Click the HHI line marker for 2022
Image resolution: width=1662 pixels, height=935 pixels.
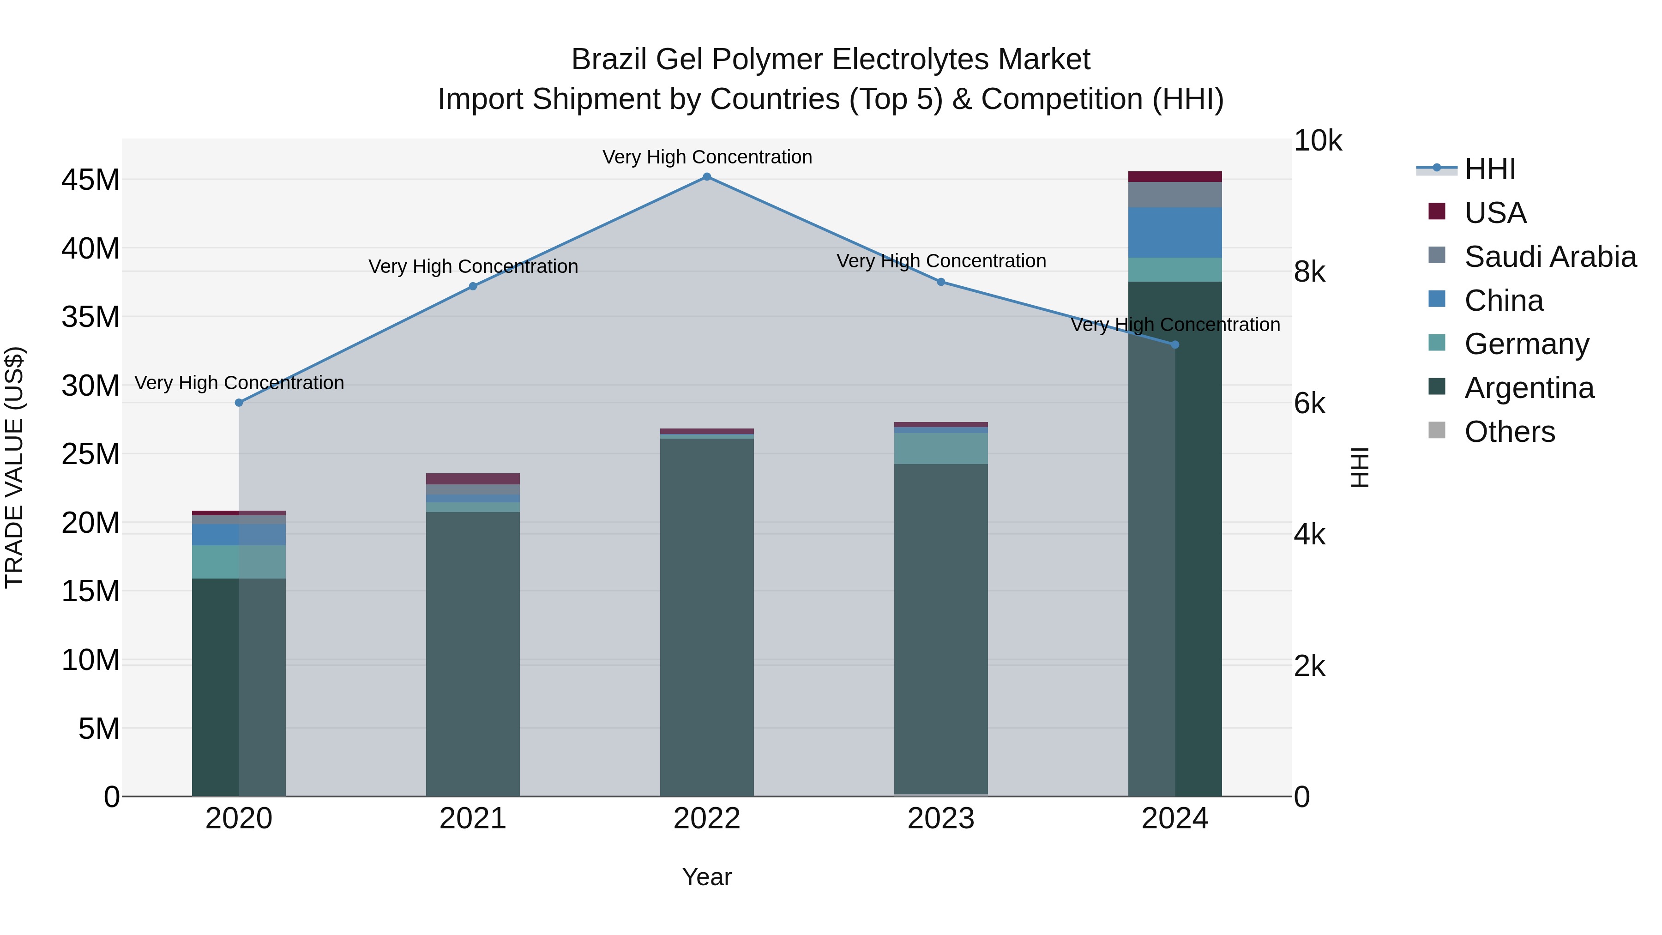706,177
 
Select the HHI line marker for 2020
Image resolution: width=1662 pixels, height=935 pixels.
239,403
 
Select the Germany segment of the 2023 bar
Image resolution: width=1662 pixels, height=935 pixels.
941,448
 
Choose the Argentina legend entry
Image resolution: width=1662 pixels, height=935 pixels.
1529,388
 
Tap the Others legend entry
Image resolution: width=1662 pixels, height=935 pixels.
1510,432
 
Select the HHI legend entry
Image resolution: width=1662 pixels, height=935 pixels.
1490,169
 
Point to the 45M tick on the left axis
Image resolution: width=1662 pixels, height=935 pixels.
90,180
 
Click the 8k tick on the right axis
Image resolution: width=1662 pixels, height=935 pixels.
1310,272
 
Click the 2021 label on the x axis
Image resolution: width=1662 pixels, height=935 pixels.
473,819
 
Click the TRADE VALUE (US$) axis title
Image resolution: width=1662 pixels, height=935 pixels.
14,467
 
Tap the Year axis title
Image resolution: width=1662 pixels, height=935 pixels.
706,877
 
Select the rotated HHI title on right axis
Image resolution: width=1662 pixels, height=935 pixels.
1360,467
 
